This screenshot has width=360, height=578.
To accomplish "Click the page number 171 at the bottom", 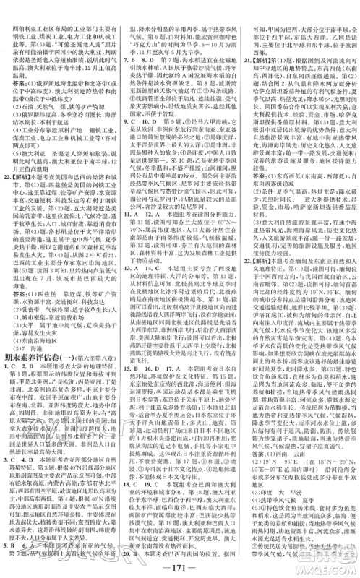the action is (x=179, y=565).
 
